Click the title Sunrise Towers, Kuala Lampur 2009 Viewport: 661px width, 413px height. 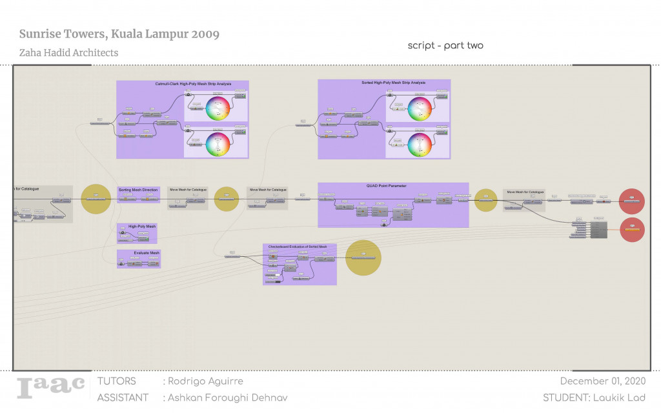click(x=119, y=34)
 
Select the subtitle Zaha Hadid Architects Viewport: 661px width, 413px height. click(x=68, y=53)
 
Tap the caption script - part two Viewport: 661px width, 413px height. click(x=445, y=46)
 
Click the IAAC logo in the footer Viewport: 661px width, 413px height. click(x=50, y=387)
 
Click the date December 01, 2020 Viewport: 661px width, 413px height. click(x=602, y=381)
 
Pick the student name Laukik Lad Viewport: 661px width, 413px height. click(x=594, y=398)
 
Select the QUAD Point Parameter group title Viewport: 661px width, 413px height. click(x=392, y=186)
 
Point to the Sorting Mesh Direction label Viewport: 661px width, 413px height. click(x=138, y=190)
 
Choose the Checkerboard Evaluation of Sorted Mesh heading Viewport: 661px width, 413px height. click(x=299, y=247)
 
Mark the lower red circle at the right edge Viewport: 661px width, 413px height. click(x=632, y=230)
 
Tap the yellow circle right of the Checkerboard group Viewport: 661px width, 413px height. click(x=363, y=257)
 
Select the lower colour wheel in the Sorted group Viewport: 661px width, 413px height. click(x=419, y=144)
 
